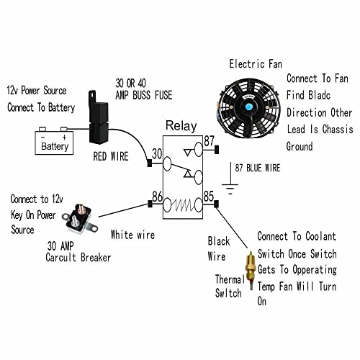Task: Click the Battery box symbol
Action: (54, 141)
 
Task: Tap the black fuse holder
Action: (99, 117)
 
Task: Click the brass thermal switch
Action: (251, 271)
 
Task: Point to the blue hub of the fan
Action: (249, 106)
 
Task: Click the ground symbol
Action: (230, 179)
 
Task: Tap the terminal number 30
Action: (157, 154)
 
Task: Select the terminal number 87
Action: (209, 141)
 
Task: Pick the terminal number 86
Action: (157, 197)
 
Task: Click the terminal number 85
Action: (209, 197)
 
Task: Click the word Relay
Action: (181, 126)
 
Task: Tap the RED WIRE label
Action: (111, 156)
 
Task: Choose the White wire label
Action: (132, 235)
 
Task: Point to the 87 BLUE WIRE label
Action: (258, 168)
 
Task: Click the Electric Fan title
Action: (256, 64)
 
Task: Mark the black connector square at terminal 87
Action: (217, 149)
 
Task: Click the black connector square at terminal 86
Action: (150, 204)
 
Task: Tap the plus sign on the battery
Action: (64, 138)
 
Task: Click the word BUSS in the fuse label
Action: (143, 95)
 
